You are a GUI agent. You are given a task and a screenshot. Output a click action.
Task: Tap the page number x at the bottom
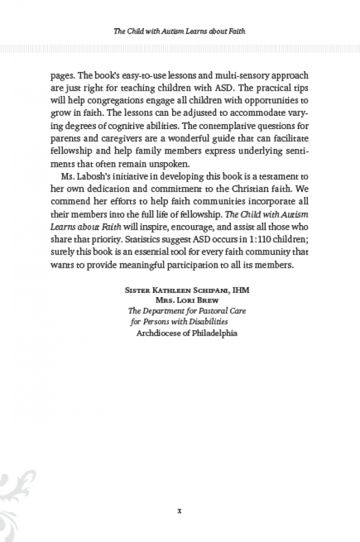(179, 512)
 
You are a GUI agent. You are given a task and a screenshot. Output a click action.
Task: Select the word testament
(271, 175)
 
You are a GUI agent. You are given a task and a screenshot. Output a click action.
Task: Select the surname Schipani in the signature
(202, 290)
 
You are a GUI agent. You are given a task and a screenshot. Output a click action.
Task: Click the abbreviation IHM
(240, 290)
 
